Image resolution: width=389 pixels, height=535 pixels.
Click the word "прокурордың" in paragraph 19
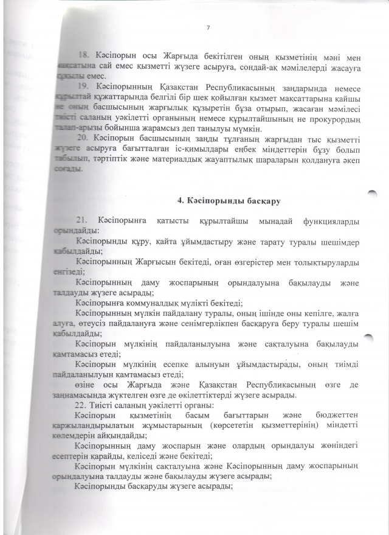(332, 119)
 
